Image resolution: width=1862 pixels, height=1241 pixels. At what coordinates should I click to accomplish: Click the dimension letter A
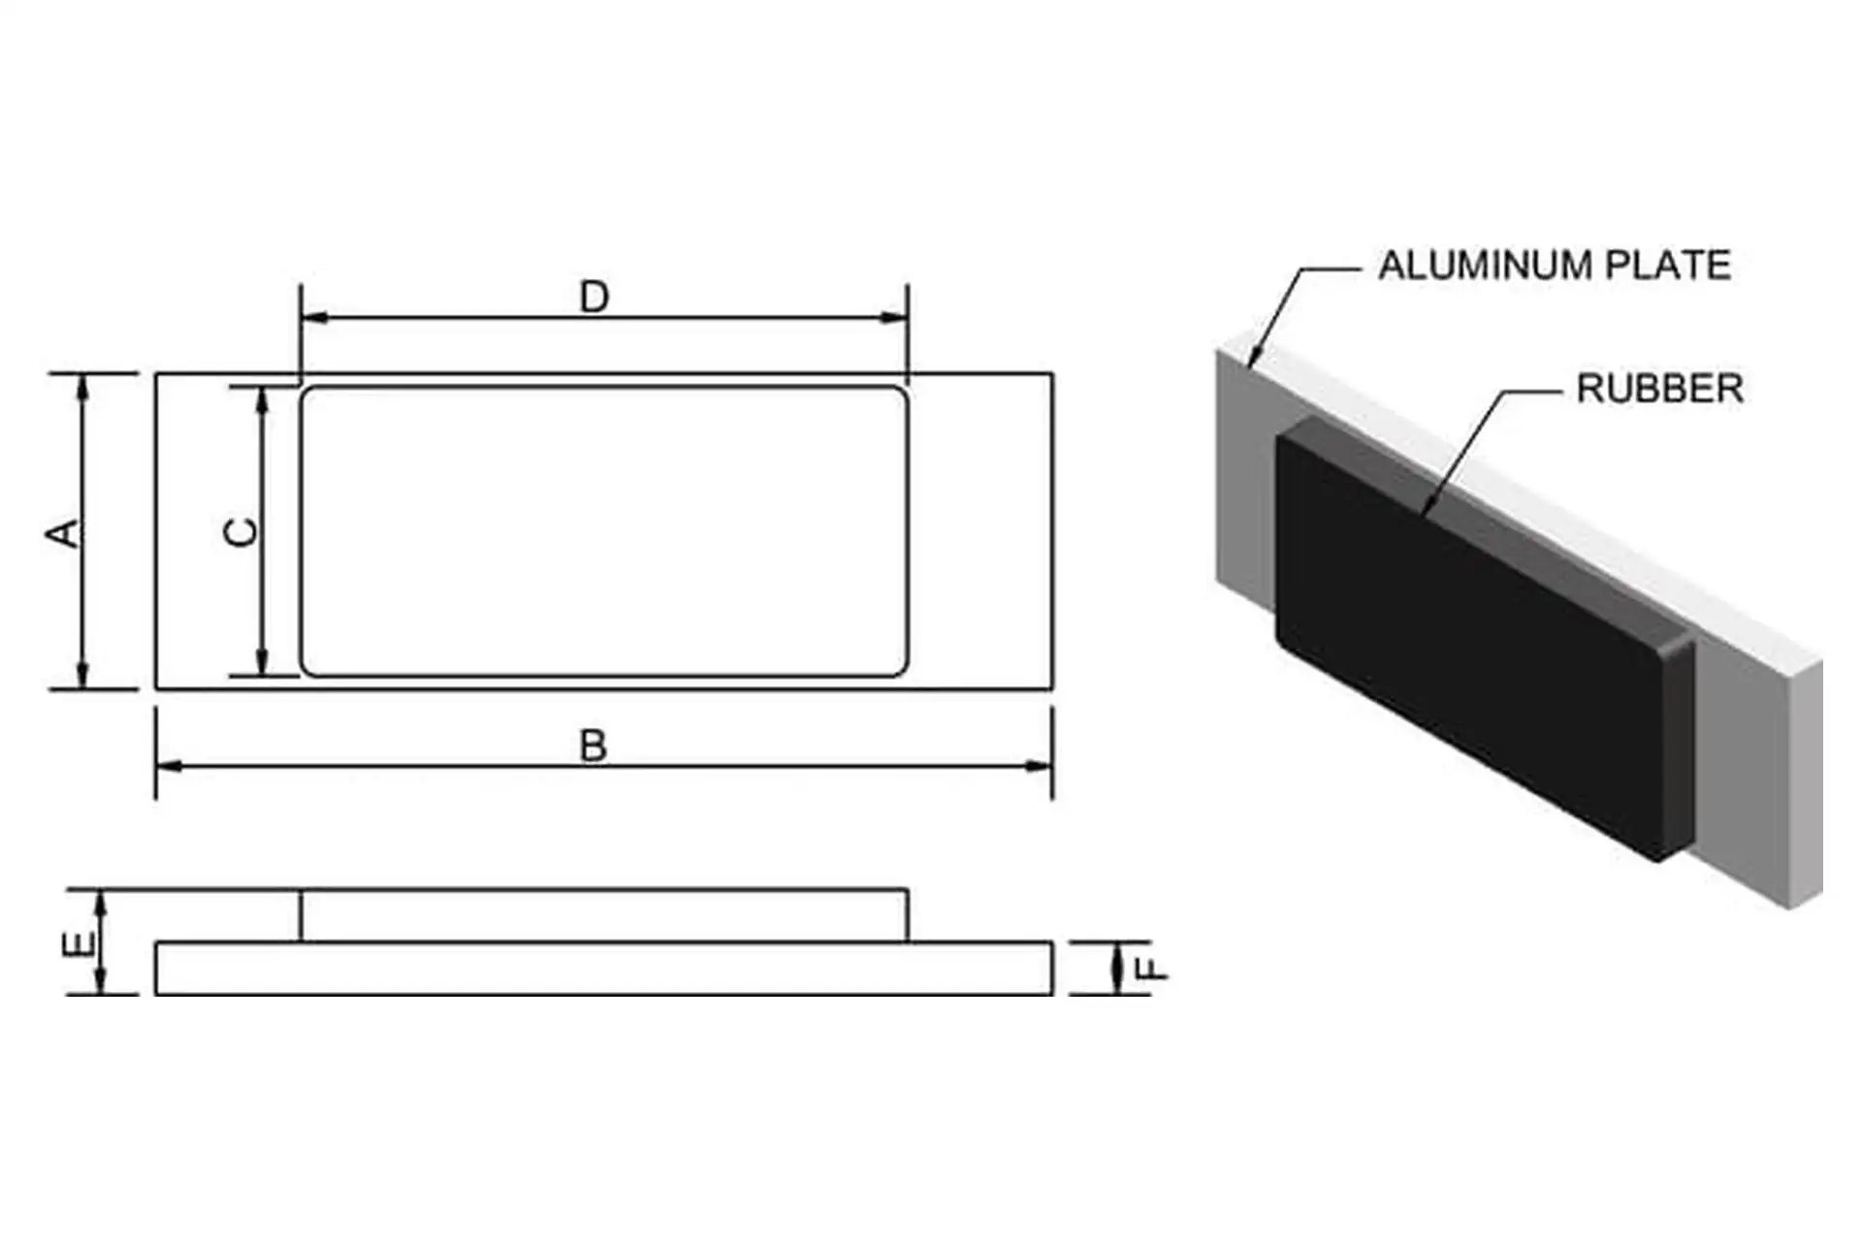pyautogui.click(x=65, y=533)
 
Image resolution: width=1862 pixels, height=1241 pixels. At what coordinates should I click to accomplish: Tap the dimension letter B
pyautogui.click(x=593, y=747)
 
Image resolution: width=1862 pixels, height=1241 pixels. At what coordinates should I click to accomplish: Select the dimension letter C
pyautogui.click(x=241, y=532)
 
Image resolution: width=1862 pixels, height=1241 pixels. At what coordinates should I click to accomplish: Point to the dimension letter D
pyautogui.click(x=594, y=297)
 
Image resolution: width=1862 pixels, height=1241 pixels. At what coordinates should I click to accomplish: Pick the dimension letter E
pyautogui.click(x=79, y=943)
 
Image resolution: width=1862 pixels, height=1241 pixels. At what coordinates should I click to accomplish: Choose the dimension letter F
pyautogui.click(x=1151, y=968)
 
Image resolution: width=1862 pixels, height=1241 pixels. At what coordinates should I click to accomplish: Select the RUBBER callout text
pyautogui.click(x=1659, y=389)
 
